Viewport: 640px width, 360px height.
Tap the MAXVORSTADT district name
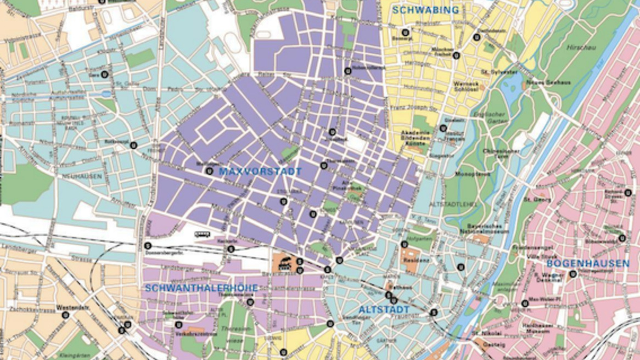click(260, 171)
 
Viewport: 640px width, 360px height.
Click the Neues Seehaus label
click(541, 82)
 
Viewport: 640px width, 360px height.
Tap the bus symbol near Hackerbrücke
click(202, 234)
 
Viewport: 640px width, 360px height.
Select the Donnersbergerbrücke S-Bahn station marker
click(147, 246)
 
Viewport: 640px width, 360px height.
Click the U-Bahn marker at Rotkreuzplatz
click(133, 145)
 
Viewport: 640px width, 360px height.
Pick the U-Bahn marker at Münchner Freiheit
click(456, 55)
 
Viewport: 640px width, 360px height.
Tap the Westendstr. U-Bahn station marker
click(66, 315)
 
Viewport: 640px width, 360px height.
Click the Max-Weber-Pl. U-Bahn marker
click(525, 303)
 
